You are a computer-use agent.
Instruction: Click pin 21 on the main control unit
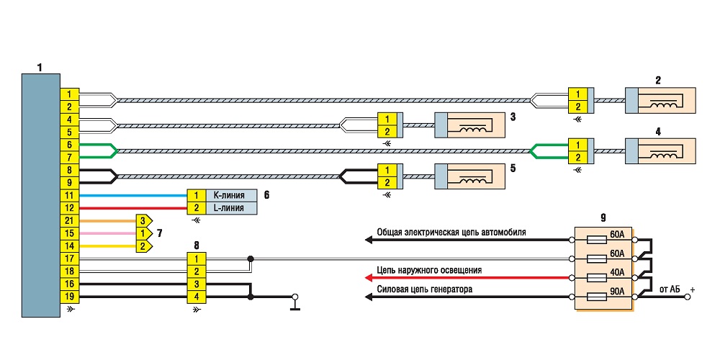(x=70, y=221)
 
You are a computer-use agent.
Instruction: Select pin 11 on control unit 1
(x=70, y=196)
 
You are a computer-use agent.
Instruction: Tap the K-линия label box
(x=231, y=196)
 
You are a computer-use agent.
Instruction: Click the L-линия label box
(x=231, y=208)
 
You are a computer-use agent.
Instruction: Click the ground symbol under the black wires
(x=295, y=303)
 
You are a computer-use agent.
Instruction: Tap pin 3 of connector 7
(x=143, y=221)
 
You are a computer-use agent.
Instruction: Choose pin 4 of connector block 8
(x=197, y=297)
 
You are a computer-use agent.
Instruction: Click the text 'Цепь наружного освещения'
(x=429, y=270)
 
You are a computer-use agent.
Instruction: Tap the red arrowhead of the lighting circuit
(x=368, y=278)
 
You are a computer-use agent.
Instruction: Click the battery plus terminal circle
(x=688, y=297)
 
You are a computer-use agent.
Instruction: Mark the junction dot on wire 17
(x=251, y=258)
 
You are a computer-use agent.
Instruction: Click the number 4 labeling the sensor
(x=658, y=132)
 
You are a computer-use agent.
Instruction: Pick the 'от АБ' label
(x=669, y=289)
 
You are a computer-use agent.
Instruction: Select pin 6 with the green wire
(x=70, y=145)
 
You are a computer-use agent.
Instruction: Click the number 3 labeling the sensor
(x=513, y=117)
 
